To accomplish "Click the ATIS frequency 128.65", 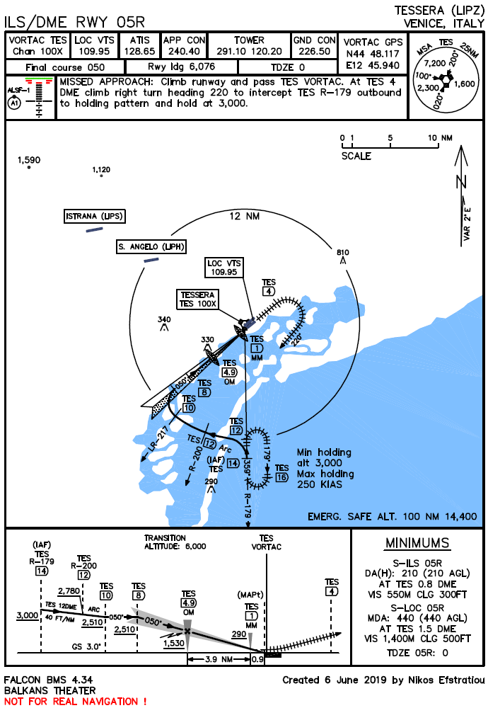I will pos(139,52).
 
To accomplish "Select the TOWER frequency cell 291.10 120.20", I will pos(249,52).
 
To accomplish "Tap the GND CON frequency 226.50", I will pos(315,52).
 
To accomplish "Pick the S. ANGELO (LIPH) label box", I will pos(151,246).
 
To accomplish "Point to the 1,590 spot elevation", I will pos(29,160).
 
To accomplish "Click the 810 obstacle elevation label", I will pos(343,253).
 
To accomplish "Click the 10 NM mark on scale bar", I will pos(441,138).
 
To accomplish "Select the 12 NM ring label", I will pos(245,217).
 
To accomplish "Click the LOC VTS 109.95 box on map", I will pos(225,267).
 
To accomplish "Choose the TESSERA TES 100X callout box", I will pos(198,299).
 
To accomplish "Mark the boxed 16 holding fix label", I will pos(282,477).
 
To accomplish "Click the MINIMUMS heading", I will pos(417,543).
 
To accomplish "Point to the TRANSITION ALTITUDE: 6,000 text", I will pos(175,542).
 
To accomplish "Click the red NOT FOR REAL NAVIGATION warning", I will pos(76,701).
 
